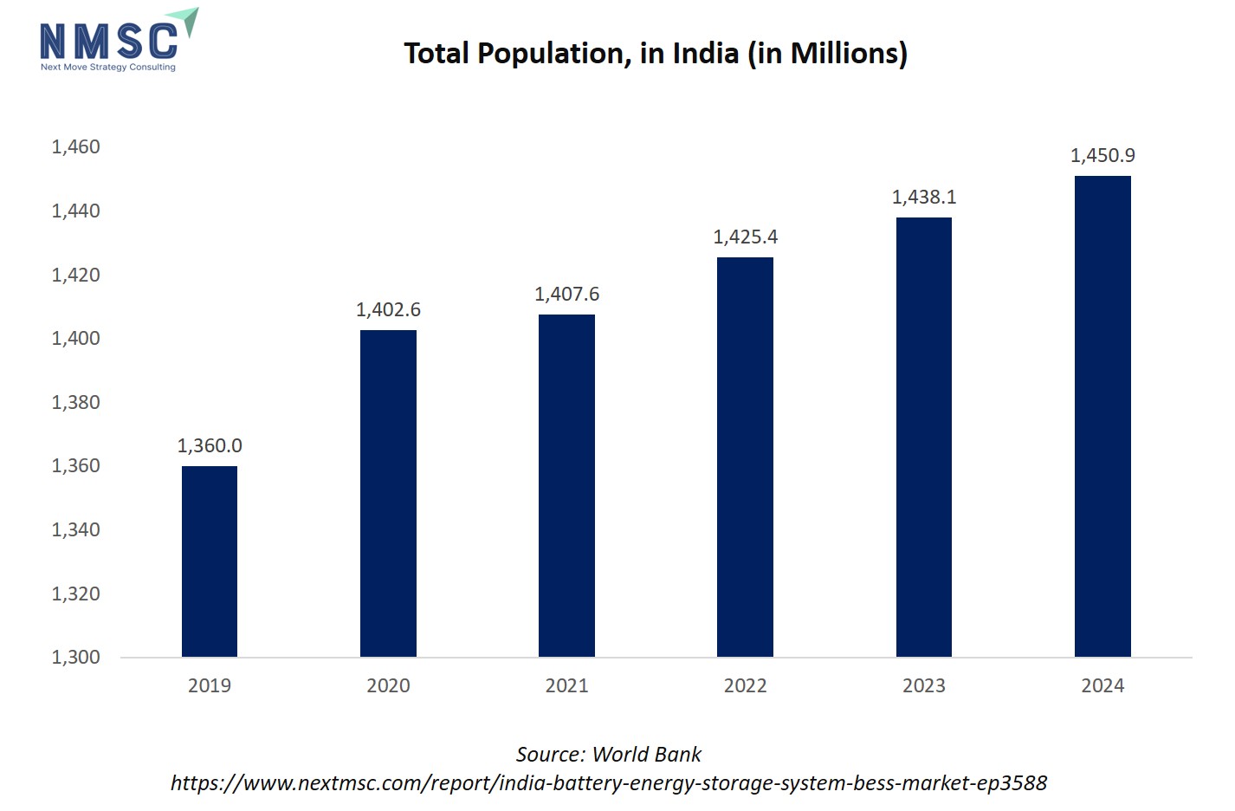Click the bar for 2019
click(x=210, y=561)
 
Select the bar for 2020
click(x=388, y=493)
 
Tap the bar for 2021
click(x=566, y=485)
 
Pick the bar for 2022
click(x=745, y=457)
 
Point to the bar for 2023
click(x=924, y=437)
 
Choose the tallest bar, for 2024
click(x=1102, y=416)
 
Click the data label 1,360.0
click(x=210, y=445)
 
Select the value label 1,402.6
click(x=388, y=309)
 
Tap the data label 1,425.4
click(x=745, y=237)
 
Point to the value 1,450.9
click(x=1102, y=155)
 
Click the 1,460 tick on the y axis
click(x=76, y=146)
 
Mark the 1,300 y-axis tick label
click(x=76, y=657)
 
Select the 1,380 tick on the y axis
click(x=76, y=402)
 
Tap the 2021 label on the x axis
click(x=566, y=685)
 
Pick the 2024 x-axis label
click(x=1102, y=685)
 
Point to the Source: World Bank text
click(x=609, y=755)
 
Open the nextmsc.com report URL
click(x=609, y=783)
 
